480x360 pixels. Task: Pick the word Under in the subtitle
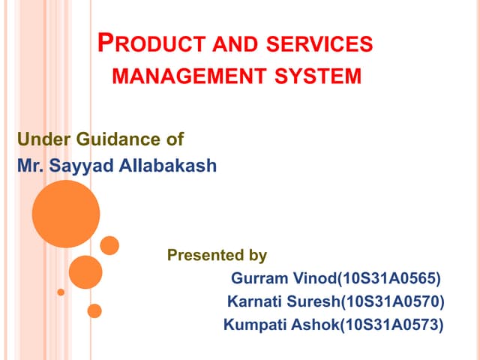coord(37,139)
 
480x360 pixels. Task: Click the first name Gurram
coord(258,279)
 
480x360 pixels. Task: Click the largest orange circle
coord(66,214)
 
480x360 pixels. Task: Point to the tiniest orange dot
coord(61,292)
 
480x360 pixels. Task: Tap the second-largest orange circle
coord(85,272)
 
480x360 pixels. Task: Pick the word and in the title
coord(211,45)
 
